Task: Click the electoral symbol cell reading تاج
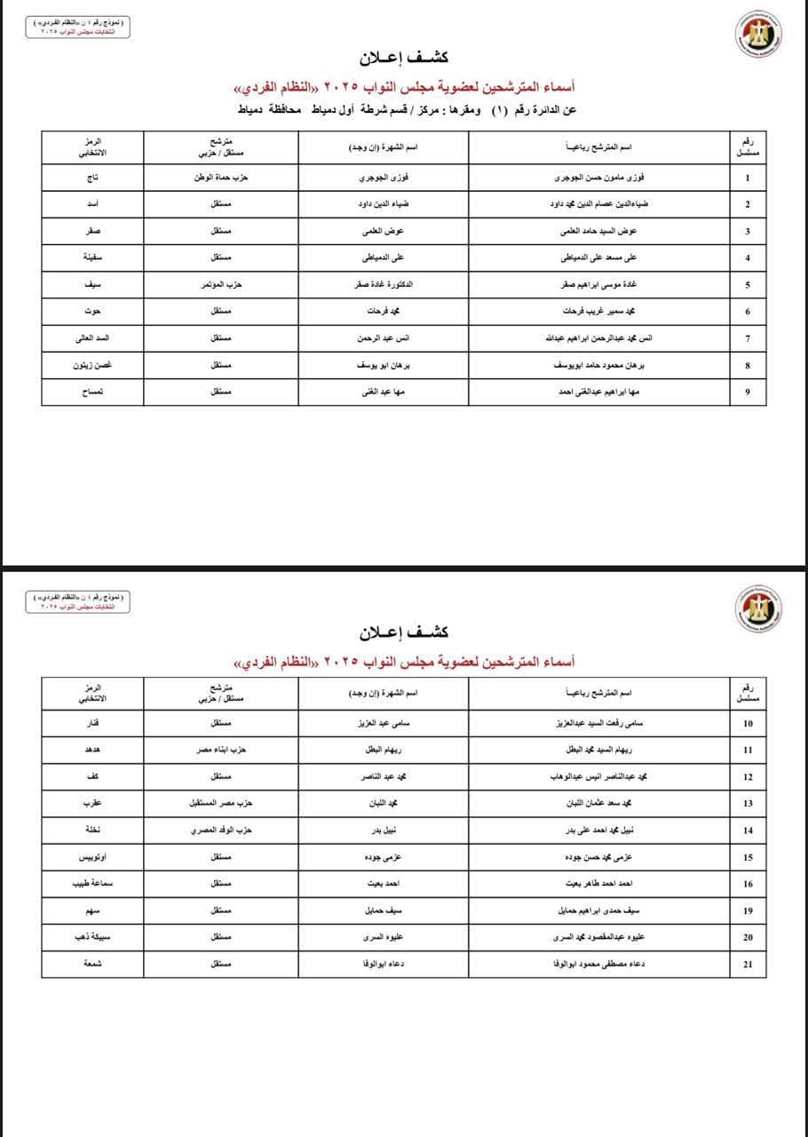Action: (91, 178)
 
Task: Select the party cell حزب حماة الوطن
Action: (221, 178)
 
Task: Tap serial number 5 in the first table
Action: (748, 285)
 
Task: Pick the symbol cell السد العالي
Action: (91, 338)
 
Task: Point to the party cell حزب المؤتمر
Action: (221, 285)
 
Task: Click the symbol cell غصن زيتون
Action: (91, 365)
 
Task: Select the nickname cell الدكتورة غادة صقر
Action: (384, 285)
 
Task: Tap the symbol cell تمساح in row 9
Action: (91, 392)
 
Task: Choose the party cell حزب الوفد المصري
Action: (221, 831)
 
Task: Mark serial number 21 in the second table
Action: (748, 965)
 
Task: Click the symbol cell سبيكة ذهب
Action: (91, 937)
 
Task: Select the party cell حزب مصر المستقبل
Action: (221, 803)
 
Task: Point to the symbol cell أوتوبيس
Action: (91, 857)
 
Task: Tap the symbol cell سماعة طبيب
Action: (91, 884)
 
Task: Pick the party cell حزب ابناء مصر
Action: (221, 750)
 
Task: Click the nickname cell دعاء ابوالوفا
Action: (384, 965)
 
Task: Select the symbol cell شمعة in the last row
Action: (91, 965)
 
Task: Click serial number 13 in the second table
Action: (748, 803)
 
